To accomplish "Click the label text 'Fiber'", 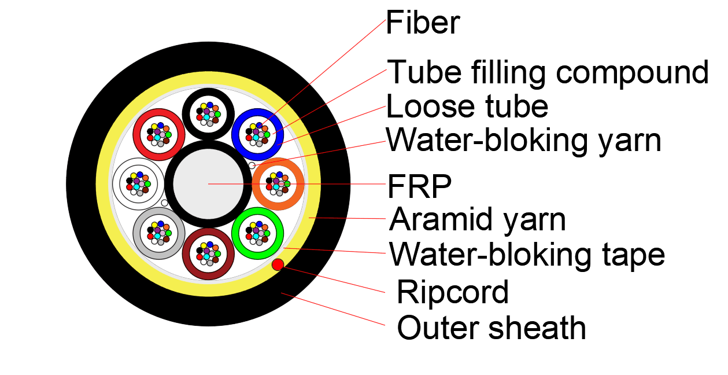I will click(423, 24).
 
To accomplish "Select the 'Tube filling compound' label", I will click(547, 72).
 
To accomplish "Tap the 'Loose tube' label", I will click(467, 106).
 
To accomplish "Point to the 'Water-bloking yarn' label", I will click(523, 140).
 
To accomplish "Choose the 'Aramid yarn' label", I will click(478, 220).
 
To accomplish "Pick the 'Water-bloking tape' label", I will click(527, 254).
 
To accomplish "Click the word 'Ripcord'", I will click(452, 292).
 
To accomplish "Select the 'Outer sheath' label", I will click(491, 328).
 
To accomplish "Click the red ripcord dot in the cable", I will click(278, 264).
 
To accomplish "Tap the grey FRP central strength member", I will click(208, 183).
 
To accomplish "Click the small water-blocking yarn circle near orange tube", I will click(252, 166).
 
